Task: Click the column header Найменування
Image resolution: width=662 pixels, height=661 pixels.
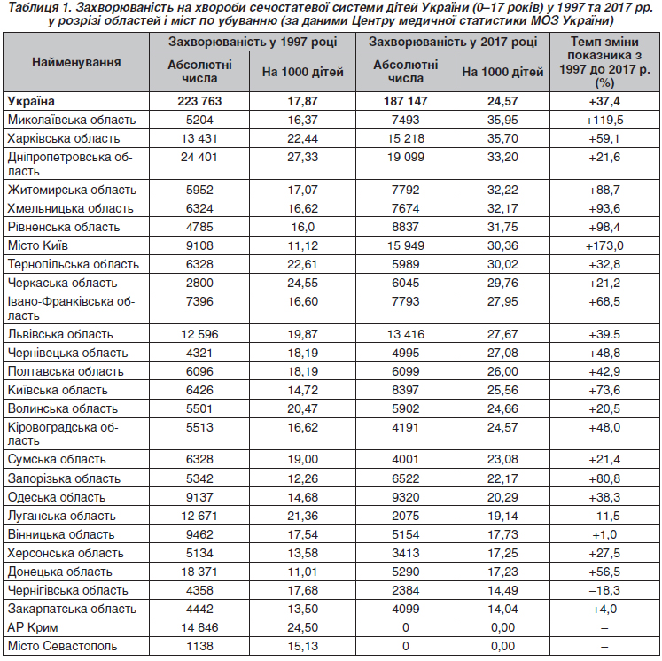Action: (76, 63)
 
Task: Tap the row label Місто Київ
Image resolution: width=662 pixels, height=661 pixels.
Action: (38, 245)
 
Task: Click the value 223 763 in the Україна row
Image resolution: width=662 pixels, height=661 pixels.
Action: (199, 101)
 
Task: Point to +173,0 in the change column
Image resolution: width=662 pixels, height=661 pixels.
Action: (604, 245)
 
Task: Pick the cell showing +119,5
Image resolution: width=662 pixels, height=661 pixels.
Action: (604, 120)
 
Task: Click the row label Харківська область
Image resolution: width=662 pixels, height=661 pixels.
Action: (64, 138)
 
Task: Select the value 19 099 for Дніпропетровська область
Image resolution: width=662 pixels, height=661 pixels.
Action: (406, 157)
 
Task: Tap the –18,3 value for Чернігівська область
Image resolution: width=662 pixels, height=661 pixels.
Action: (604, 590)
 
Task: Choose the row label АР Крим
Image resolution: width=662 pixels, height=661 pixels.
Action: (33, 627)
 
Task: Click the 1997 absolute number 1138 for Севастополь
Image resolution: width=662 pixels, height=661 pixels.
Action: (199, 646)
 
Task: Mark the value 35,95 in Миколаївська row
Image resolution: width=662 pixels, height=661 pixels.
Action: (502, 120)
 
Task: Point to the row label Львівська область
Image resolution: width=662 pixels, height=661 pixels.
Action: (60, 334)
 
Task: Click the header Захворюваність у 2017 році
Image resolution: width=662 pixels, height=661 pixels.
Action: (453, 42)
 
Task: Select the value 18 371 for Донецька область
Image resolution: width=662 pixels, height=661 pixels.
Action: (199, 572)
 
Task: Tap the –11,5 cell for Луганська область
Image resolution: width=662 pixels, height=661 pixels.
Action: (604, 516)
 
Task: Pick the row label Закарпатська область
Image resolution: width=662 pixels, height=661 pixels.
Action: (72, 609)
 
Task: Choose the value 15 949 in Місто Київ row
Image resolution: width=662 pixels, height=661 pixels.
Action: (406, 245)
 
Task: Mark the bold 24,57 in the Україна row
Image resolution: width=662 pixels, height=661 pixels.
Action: (502, 101)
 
